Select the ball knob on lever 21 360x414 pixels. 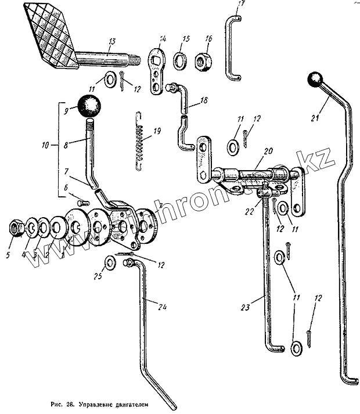pyautogui.click(x=315, y=80)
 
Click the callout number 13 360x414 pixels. pyautogui.click(x=111, y=41)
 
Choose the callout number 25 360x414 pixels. pyautogui.click(x=98, y=276)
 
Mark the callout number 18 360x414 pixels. pyautogui.click(x=203, y=100)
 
